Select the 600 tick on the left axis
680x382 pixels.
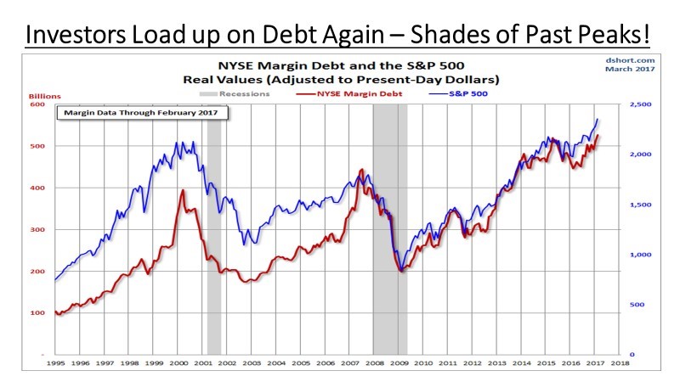pos(37,104)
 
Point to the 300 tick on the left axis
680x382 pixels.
pos(37,229)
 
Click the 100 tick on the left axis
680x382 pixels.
pos(37,313)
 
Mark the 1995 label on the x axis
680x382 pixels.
pos(55,362)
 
